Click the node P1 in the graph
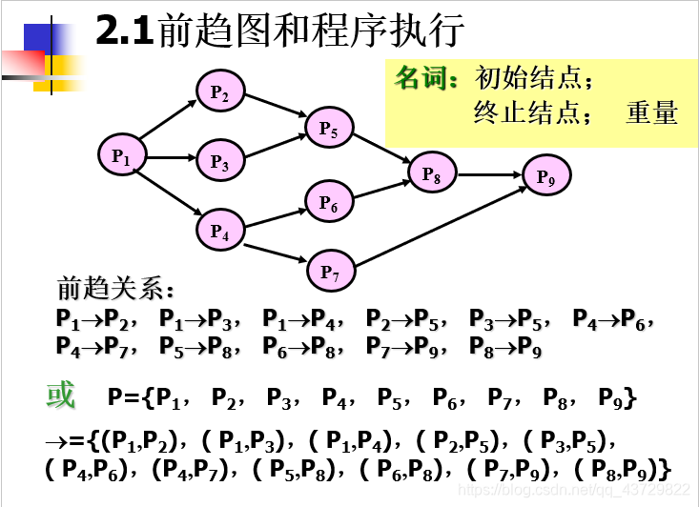pyautogui.click(x=121, y=155)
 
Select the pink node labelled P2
pyautogui.click(x=220, y=91)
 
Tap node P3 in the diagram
pyautogui.click(x=220, y=162)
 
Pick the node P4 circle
pyautogui.click(x=220, y=231)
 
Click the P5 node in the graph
pyautogui.click(x=329, y=128)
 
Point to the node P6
pyautogui.click(x=329, y=202)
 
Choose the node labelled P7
pyautogui.click(x=330, y=272)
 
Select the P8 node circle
pyautogui.click(x=432, y=174)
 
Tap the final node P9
pyautogui.click(x=546, y=175)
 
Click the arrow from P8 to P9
pyautogui.click(x=489, y=174)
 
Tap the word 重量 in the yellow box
pyautogui.click(x=651, y=112)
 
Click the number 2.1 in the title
pyautogui.click(x=124, y=32)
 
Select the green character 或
pyautogui.click(x=60, y=395)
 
